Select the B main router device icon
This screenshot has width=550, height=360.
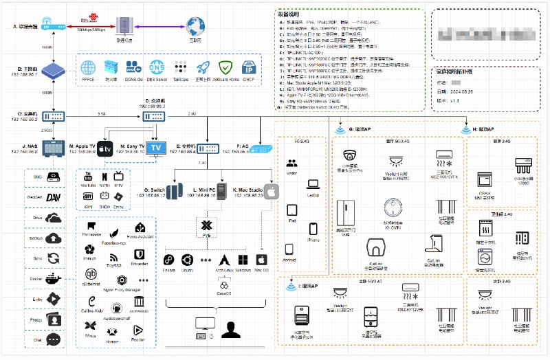[x=55, y=69]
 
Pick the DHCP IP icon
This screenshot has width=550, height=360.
[x=251, y=68]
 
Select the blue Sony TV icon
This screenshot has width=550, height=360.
[x=156, y=148]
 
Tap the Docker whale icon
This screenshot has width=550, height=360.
[x=54, y=279]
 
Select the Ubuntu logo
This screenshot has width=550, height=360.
[x=186, y=260]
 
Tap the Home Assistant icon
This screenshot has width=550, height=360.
[x=140, y=227]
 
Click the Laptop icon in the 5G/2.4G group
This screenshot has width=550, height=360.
[x=313, y=184]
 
